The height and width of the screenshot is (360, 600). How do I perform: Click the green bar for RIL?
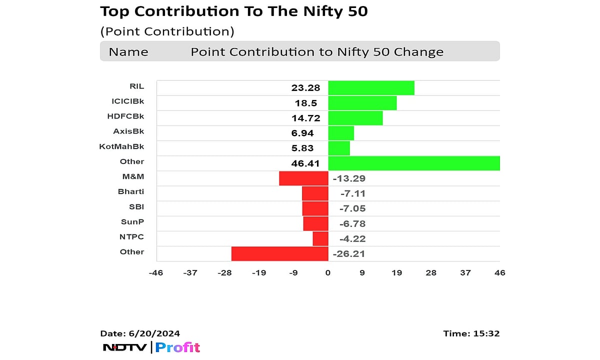pos(371,88)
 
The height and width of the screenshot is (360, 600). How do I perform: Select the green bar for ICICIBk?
pos(362,103)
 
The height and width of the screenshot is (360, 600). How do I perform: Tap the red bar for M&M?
pos(303,178)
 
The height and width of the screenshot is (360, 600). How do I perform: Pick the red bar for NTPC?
pos(320,238)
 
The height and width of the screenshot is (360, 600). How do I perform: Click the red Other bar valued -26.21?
pos(279,253)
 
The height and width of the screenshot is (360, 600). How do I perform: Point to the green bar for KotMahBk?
pos(339,148)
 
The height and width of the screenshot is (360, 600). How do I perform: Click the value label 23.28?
pos(305,88)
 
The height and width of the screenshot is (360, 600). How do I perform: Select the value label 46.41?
pos(305,163)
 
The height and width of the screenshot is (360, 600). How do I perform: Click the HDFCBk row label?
pos(125,116)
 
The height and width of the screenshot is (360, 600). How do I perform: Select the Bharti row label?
pos(131,191)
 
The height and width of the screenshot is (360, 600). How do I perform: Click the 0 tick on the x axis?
pos(328,272)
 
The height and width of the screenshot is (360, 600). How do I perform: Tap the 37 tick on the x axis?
pos(465,272)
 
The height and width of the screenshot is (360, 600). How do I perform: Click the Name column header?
pos(128,52)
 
